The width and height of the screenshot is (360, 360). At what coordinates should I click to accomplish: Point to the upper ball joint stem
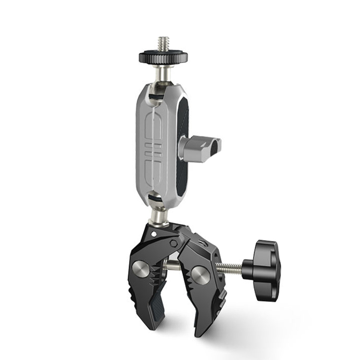pyautogui.click(x=162, y=73)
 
